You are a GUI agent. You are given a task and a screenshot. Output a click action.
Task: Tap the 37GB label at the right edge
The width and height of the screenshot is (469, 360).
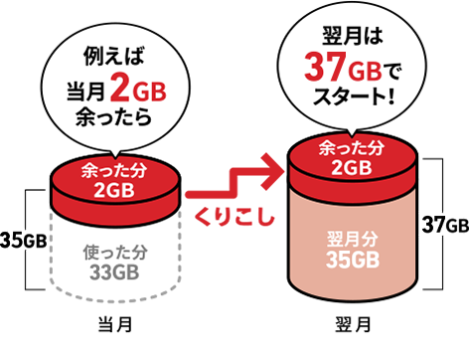coord(443,224)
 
